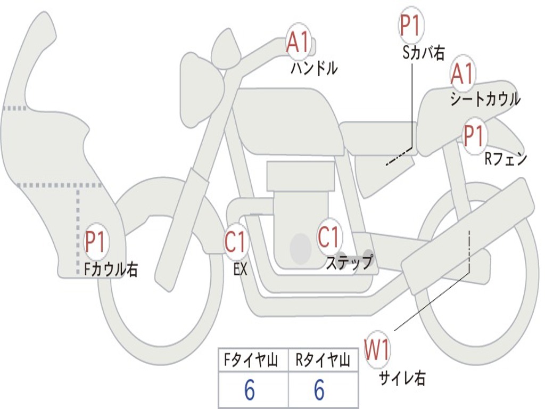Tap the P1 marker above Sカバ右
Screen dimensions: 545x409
click(410, 25)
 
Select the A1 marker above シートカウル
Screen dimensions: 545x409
click(462, 74)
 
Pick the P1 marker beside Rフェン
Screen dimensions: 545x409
click(473, 135)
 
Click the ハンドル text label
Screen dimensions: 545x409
click(314, 68)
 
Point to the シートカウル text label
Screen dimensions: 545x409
click(485, 99)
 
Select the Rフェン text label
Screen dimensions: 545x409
click(506, 159)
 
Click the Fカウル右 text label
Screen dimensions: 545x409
click(111, 269)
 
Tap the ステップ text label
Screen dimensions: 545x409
click(349, 263)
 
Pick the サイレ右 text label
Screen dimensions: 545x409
click(402, 378)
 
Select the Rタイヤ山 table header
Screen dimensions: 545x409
click(323, 361)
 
